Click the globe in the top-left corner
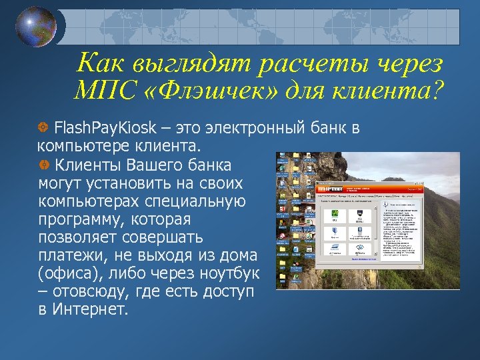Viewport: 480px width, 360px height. click(x=36, y=27)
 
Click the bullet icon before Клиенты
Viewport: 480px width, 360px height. click(x=43, y=164)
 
